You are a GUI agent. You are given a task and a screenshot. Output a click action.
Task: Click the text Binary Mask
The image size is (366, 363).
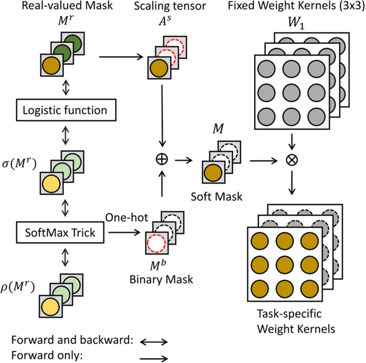point(161,280)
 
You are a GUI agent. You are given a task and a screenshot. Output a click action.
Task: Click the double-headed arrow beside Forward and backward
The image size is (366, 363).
point(154,342)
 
